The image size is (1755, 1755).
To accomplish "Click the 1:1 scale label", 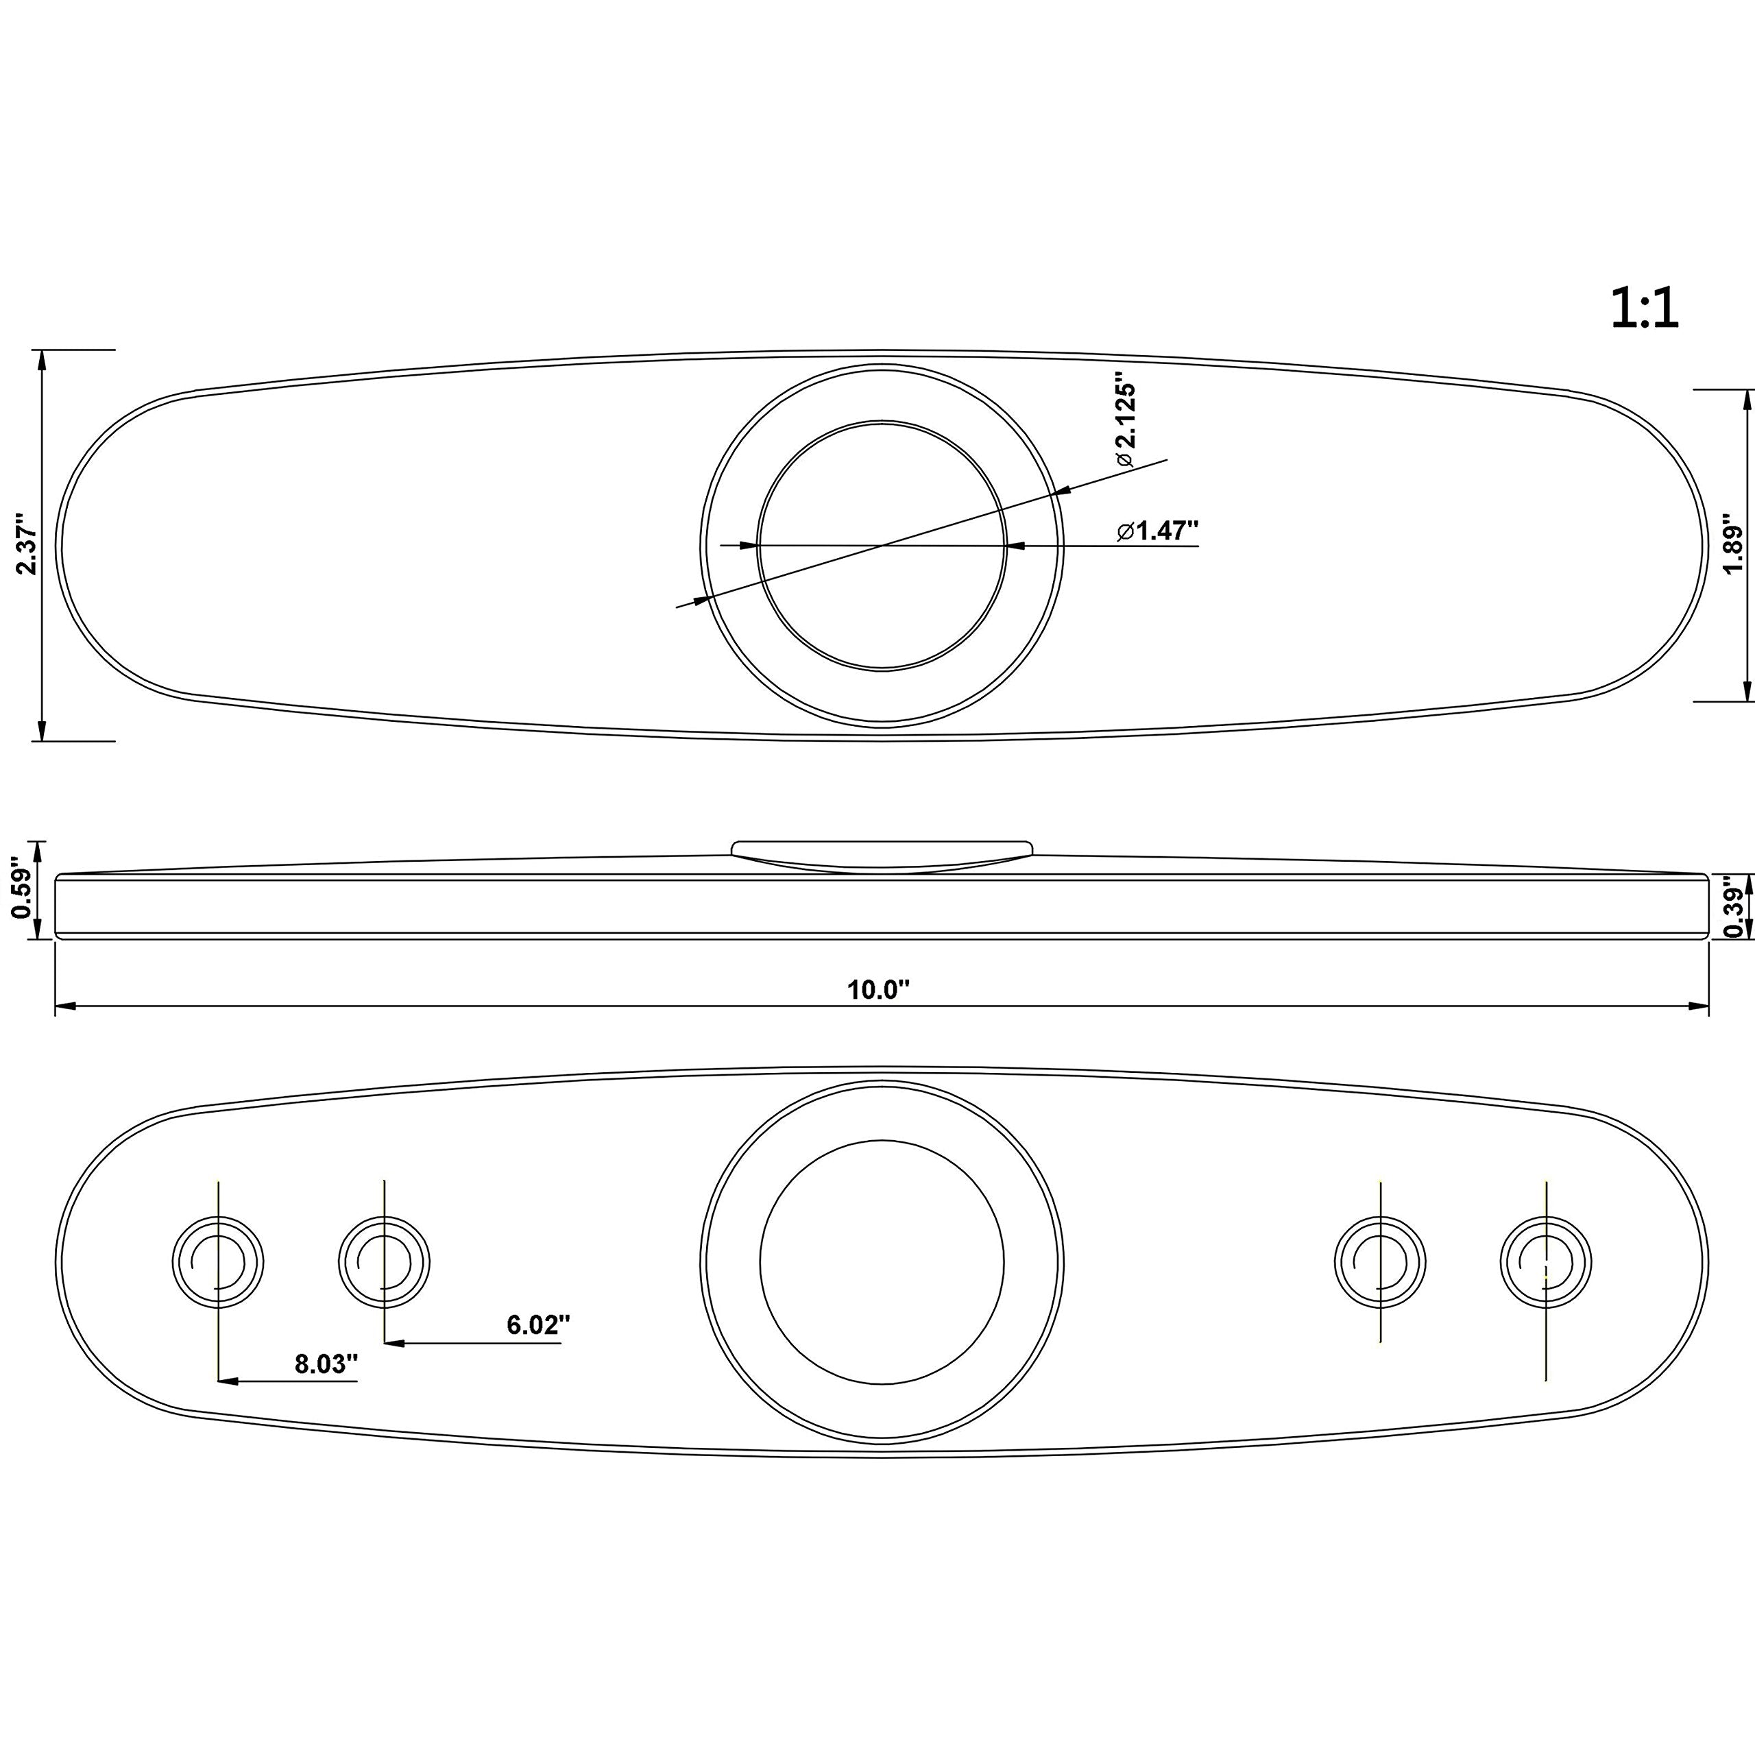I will coord(1644,309).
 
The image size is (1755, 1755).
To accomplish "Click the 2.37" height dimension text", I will coord(27,548).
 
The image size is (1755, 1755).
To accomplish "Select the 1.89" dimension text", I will coord(1732,545).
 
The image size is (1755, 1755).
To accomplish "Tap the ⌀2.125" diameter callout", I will coord(1126,422).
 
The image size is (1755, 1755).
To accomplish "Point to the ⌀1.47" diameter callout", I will coord(1158,531).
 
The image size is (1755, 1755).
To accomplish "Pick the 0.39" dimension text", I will coord(1733,906).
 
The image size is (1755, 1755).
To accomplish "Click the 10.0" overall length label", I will coord(878,990).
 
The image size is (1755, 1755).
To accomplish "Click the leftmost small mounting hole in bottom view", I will coord(218,1261).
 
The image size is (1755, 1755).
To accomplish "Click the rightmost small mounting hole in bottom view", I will coord(1545,1261).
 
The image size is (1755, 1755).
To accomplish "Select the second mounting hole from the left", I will coord(384,1261).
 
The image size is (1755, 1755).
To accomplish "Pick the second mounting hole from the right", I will coord(1380,1261).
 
